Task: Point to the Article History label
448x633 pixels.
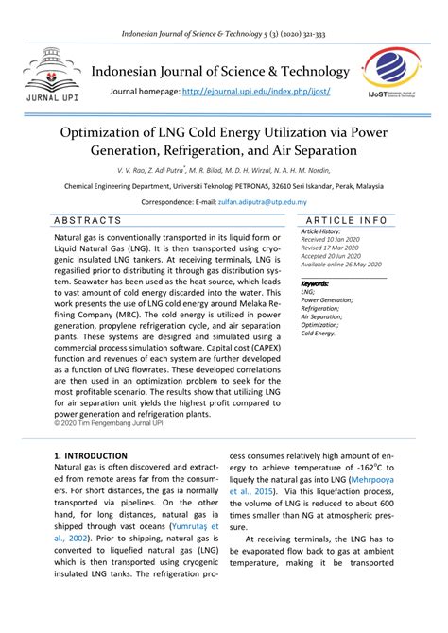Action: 321,231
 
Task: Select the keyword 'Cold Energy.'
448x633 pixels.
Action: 318,334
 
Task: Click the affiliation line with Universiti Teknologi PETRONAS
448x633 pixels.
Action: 224,187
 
